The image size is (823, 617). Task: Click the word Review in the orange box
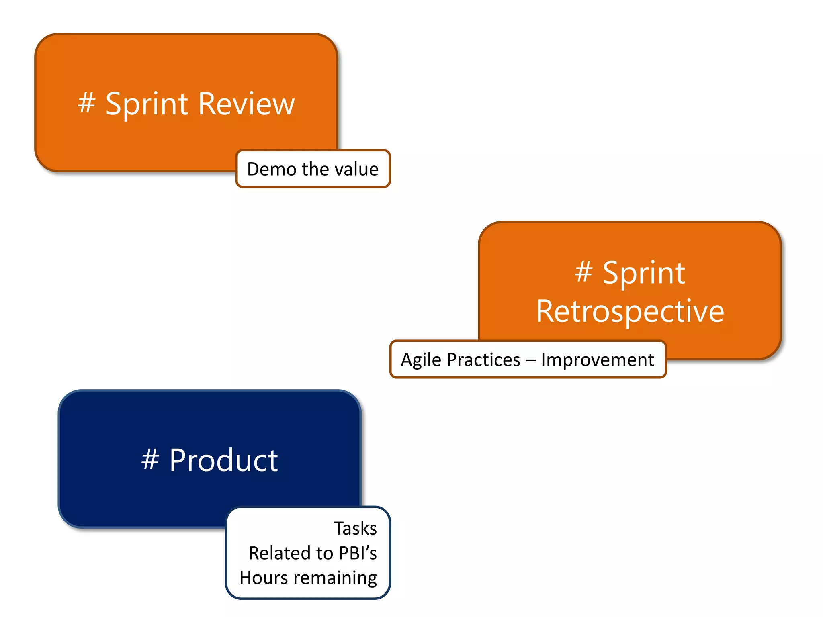[246, 104]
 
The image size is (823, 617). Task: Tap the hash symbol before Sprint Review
[86, 103]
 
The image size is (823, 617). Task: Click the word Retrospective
[630, 311]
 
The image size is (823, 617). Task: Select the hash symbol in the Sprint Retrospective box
[583, 272]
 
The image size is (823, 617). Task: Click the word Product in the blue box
[223, 460]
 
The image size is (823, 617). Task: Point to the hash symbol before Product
[150, 460]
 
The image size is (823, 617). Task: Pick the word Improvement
[597, 360]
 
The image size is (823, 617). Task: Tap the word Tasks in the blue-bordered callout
[355, 528]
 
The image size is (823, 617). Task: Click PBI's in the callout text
[358, 553]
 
